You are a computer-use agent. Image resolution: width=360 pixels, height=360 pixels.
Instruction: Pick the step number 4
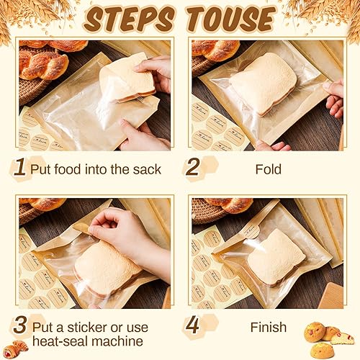[x=192, y=325]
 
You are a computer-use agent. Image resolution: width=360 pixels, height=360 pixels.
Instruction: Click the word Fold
[x=268, y=170]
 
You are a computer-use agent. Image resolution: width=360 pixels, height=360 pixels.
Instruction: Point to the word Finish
[x=268, y=327]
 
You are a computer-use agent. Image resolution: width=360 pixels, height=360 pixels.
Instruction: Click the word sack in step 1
[x=147, y=170]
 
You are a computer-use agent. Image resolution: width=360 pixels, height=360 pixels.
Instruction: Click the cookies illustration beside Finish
[x=328, y=338]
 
